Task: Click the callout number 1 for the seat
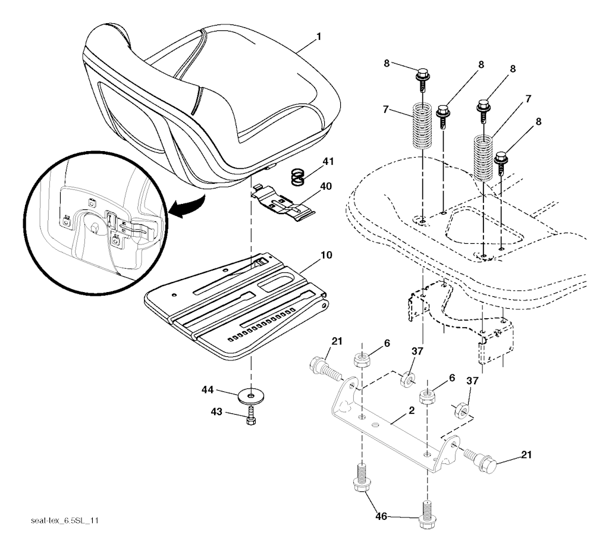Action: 319,37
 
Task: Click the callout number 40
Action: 326,187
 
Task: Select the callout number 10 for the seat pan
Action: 327,255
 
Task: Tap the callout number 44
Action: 208,390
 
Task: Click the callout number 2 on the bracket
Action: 412,411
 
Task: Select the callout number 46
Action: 381,516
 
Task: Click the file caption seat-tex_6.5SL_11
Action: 64,520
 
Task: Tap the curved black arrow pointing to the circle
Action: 189,205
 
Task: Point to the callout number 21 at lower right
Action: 526,454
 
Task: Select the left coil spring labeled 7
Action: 422,125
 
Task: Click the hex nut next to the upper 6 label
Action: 362,360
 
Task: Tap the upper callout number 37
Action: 417,352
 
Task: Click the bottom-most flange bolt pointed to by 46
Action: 427,515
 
